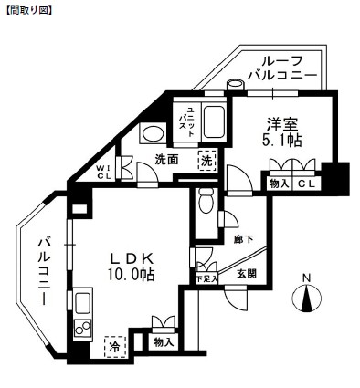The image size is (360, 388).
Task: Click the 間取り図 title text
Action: click(27, 11)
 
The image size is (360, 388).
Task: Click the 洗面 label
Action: click(166, 160)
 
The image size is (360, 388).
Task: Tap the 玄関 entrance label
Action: click(247, 273)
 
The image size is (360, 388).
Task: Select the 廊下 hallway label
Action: click(243, 239)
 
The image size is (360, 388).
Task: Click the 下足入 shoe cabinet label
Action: click(206, 278)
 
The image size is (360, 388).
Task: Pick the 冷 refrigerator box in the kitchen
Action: click(114, 347)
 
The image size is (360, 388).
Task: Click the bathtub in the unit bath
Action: click(212, 121)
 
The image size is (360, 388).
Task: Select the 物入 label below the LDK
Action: click(163, 342)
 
